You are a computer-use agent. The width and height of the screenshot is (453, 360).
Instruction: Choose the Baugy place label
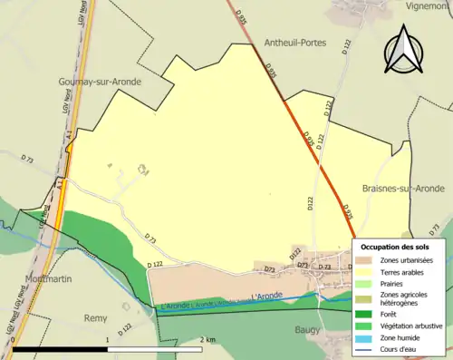coord(311,331)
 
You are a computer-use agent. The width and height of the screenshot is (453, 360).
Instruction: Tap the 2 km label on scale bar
coord(207,339)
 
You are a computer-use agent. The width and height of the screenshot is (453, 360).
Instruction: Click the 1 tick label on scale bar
coord(108,339)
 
